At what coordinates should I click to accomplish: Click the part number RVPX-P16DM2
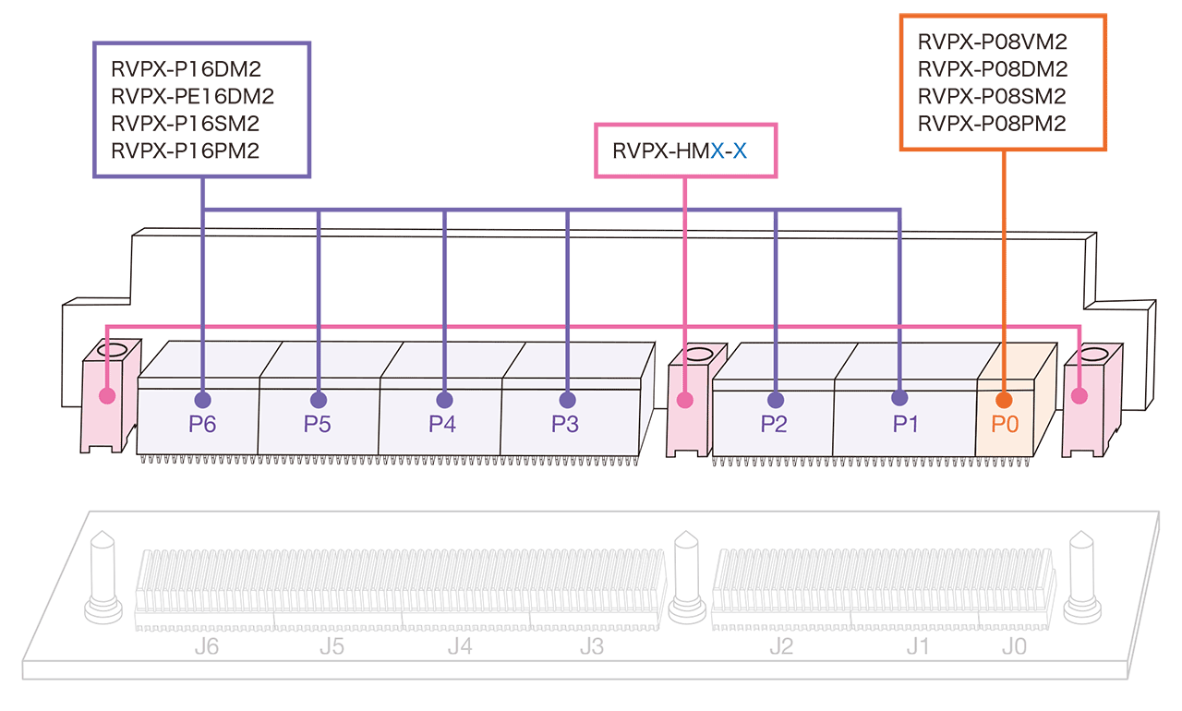pos(185,68)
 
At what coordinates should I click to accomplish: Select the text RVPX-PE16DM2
pos(192,95)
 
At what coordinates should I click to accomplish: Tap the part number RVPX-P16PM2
pos(185,150)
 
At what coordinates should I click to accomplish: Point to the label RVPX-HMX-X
pos(679,149)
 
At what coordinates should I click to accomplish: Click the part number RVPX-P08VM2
pos(993,42)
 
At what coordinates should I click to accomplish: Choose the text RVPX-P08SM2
pos(993,96)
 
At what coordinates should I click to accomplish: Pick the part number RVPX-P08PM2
pos(993,123)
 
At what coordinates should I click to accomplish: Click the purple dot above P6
pos(202,400)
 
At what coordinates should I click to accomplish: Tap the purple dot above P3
pos(567,400)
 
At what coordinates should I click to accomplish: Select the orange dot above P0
pos(1003,400)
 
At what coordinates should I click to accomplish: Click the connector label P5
pos(319,425)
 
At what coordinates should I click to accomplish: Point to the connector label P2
pos(776,425)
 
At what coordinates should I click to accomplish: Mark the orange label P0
pos(1005,425)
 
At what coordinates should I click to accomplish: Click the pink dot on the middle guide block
pos(684,400)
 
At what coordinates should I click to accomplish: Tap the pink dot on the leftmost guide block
pos(107,396)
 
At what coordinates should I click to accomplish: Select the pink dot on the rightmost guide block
pos(1079,396)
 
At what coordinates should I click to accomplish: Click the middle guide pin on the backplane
pos(684,577)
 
